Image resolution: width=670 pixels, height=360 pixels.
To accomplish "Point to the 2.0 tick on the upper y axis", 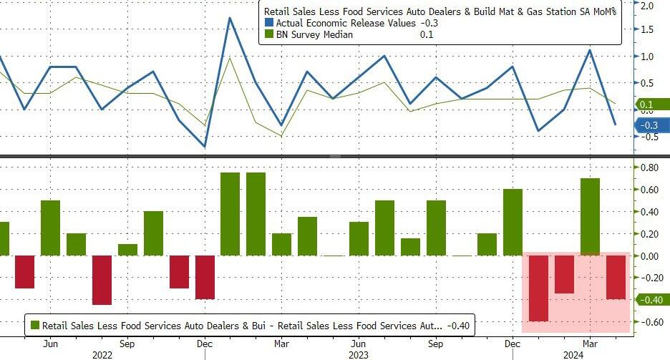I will point(648,6).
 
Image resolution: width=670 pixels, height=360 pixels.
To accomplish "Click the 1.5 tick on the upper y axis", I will point(648,30).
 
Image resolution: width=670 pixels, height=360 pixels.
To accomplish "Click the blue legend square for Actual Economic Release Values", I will point(269,24).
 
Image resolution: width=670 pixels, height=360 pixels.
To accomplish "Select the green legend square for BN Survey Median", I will point(269,35).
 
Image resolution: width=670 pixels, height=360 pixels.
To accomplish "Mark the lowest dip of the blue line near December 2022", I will point(205,147).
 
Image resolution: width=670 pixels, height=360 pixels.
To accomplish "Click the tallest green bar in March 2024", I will point(589,216).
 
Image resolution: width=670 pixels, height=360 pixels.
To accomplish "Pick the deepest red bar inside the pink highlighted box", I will point(538,288).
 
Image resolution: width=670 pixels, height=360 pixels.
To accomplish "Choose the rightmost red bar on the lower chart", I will point(616,277).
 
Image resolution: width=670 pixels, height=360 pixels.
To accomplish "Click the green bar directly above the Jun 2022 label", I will point(50,228).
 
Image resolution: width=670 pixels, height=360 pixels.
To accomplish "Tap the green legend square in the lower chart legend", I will point(34,325).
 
